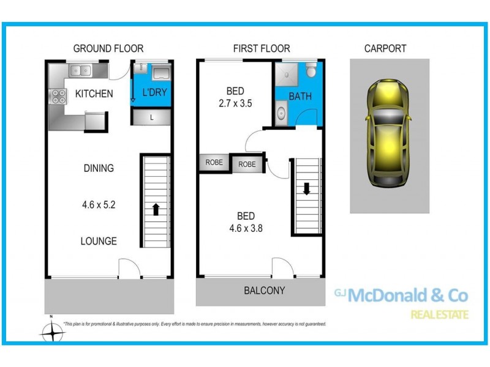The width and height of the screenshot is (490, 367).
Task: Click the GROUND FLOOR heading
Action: point(108,48)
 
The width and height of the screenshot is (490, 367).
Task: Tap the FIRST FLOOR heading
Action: point(261,48)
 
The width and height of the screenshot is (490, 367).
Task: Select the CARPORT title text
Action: point(385,48)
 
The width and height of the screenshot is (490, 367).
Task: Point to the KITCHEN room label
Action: point(94,94)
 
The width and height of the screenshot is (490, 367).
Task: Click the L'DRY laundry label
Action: point(154,94)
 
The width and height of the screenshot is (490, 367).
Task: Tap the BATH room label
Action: point(300,96)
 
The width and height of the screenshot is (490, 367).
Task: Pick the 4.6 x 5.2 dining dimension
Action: point(98,205)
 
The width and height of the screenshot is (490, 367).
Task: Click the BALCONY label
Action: point(264,291)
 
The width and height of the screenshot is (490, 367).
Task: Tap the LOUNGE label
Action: point(98,241)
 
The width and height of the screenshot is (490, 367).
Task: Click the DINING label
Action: point(98,168)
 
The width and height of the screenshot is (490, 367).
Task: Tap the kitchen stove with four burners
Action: point(59,96)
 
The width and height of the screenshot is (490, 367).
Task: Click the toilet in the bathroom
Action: point(311,71)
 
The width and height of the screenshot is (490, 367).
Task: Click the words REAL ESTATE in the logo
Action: point(439,315)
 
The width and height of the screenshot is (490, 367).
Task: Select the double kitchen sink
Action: point(80,70)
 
